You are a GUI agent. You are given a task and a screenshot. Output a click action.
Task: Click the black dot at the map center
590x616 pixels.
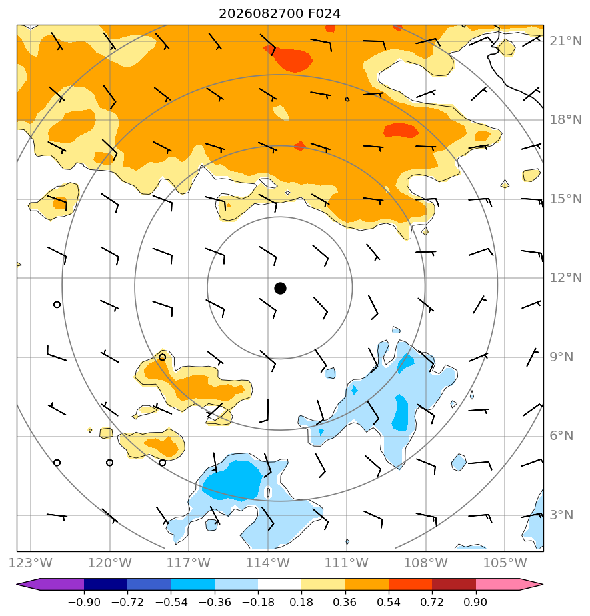coord(280,289)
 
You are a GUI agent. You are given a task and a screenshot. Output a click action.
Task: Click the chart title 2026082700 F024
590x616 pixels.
coord(280,14)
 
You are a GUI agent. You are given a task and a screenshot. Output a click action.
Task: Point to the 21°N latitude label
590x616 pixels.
coord(565,41)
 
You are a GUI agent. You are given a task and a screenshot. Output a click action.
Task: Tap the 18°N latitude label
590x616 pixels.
coord(565,120)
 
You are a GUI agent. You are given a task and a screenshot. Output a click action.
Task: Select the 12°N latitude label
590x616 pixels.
coord(565,278)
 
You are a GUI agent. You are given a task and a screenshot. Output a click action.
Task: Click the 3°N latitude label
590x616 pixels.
coord(562,515)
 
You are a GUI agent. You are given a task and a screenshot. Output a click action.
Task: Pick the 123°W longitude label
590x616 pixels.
coord(30,563)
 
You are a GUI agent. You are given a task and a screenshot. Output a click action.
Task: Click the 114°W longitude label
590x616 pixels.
coord(268,563)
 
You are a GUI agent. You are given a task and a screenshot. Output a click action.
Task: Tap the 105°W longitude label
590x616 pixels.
coord(505,563)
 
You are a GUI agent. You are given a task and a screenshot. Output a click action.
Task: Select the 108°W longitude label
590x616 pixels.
coord(426,563)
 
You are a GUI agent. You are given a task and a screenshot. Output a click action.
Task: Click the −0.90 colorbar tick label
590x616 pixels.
coord(84,602)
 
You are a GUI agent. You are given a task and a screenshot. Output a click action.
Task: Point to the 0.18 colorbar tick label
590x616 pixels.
coord(301,602)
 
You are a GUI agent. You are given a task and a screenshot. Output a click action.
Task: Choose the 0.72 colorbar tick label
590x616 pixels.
coord(432,602)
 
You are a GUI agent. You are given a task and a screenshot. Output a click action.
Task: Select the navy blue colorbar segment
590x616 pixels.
coord(105,584)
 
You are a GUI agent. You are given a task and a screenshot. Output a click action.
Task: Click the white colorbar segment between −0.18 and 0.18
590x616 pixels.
coord(280,584)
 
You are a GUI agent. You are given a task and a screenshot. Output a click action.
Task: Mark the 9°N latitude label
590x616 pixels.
coord(562,357)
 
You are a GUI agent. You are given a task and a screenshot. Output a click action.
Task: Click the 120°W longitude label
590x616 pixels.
coord(109,563)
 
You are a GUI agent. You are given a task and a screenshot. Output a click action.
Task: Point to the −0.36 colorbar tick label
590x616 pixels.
coord(215,602)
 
